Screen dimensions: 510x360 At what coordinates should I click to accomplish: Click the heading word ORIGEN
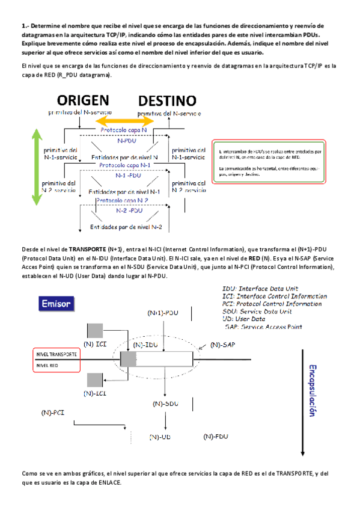(82, 100)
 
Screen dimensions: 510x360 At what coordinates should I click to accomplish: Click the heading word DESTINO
(168, 100)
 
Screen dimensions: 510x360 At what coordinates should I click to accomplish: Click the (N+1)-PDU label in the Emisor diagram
(163, 313)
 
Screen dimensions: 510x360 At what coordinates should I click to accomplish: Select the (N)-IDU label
(146, 345)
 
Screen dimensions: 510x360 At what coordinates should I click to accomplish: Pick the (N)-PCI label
(53, 413)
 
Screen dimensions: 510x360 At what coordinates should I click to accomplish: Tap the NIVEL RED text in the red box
(48, 364)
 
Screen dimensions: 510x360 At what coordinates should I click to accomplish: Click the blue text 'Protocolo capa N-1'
(124, 164)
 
